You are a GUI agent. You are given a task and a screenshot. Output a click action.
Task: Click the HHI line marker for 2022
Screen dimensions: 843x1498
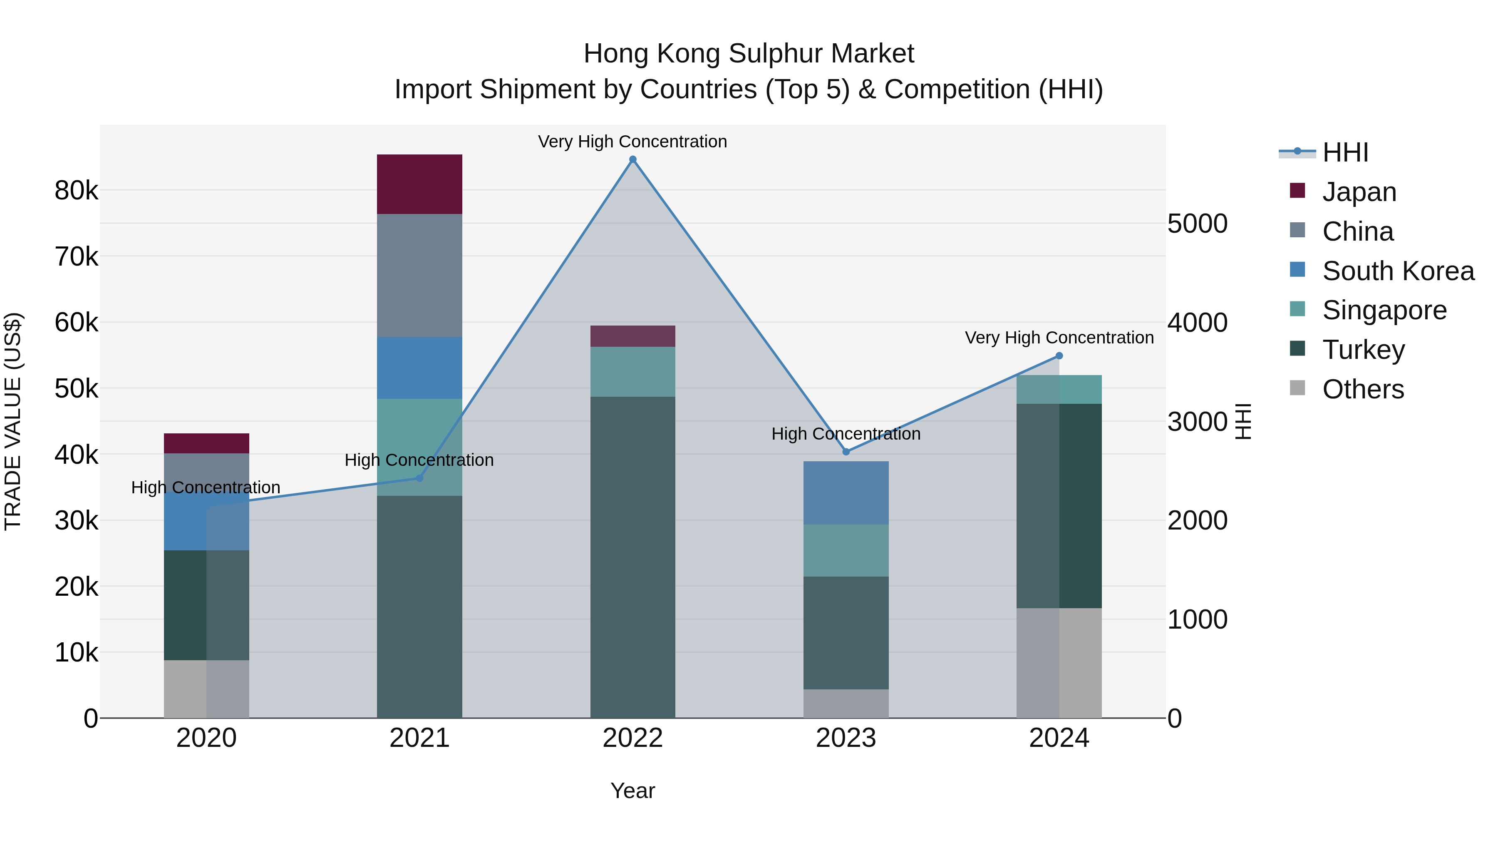(x=632, y=159)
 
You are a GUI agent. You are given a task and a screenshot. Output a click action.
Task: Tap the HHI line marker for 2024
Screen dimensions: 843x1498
(x=1059, y=356)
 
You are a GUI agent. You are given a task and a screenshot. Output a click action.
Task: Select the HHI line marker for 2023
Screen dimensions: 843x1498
(x=846, y=452)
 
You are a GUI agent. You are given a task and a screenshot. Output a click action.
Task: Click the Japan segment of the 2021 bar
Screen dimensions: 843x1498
(x=419, y=184)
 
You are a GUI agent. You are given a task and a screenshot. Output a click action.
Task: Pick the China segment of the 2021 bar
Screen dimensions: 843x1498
(x=419, y=275)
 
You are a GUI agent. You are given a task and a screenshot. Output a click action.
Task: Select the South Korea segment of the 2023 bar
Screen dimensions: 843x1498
(x=846, y=493)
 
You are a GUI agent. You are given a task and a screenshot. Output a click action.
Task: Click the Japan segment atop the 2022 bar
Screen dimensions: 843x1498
(x=632, y=336)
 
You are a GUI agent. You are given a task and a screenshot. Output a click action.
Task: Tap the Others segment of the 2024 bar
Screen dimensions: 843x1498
(x=1059, y=663)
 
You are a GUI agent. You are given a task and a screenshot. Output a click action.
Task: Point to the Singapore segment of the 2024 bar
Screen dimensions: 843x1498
(x=1059, y=389)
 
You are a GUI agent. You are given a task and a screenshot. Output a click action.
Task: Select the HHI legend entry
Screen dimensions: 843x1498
(x=1344, y=152)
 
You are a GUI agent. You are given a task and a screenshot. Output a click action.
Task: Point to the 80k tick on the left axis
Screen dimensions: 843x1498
(x=76, y=191)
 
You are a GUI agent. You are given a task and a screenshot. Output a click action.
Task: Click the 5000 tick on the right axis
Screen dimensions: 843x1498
(x=1197, y=224)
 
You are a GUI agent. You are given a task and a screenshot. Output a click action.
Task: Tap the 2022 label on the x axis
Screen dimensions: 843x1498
(x=632, y=738)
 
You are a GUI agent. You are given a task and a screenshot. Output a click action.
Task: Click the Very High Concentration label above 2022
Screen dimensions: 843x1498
(x=632, y=142)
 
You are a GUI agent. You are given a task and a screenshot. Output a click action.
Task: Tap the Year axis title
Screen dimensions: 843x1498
(x=632, y=791)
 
